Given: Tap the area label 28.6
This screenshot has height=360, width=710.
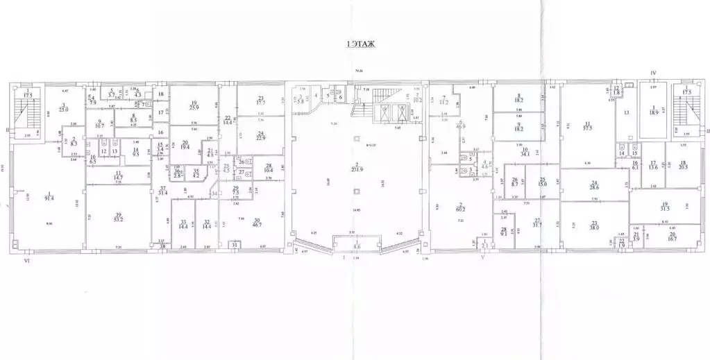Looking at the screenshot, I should coord(594,187).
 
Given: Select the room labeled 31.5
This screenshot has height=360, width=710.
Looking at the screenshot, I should coord(664,210).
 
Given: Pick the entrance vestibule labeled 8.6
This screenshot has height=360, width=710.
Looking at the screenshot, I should coord(357,246).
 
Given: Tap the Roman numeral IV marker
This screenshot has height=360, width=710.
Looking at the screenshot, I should coord(653,71).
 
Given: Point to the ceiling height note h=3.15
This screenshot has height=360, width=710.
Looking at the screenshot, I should coord(371,144).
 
